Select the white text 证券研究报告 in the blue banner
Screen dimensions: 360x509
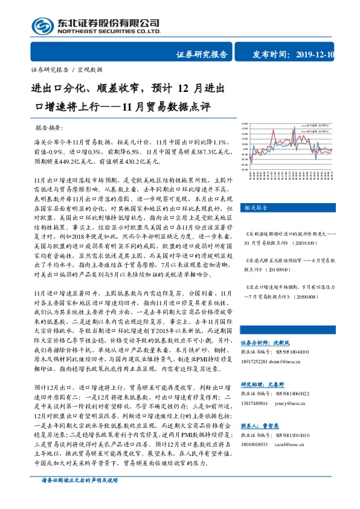[x=202, y=54]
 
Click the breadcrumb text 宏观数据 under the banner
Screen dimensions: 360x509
[x=90, y=70]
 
